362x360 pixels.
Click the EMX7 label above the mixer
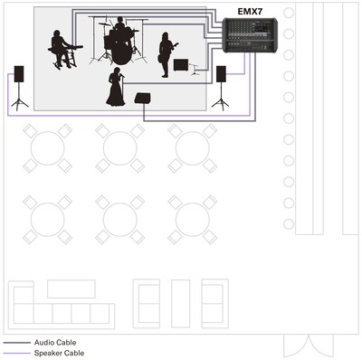(x=250, y=12)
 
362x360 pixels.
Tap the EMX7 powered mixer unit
(x=250, y=35)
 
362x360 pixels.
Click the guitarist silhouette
(x=167, y=54)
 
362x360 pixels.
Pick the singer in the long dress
(x=116, y=87)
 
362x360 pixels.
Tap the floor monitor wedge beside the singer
(x=142, y=98)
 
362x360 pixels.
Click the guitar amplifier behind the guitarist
(x=181, y=65)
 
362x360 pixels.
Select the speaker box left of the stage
(x=19, y=74)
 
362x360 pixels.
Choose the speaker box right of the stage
(x=221, y=74)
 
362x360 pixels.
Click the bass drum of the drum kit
(x=122, y=53)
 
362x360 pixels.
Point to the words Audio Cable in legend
(x=55, y=343)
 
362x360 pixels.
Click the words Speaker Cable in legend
(x=59, y=353)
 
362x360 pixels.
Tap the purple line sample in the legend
(x=17, y=353)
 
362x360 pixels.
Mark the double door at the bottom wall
(x=309, y=346)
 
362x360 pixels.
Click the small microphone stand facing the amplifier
(x=195, y=69)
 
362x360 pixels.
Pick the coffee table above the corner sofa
(x=71, y=289)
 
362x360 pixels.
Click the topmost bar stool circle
(x=289, y=13)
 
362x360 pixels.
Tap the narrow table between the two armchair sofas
(x=181, y=303)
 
